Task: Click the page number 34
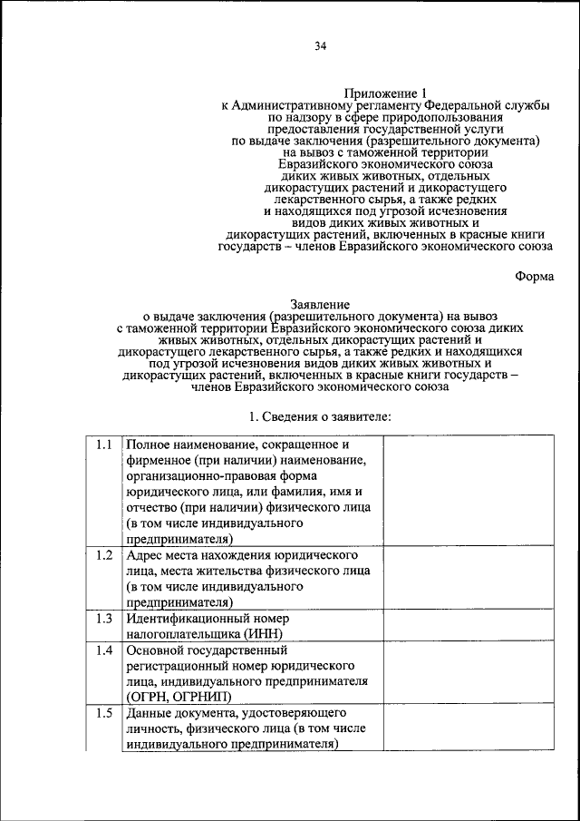(x=321, y=47)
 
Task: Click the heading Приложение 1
(x=384, y=93)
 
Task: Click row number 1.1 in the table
(x=103, y=445)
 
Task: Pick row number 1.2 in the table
(x=103, y=554)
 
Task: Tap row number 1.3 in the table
(x=103, y=618)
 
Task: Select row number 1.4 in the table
(x=103, y=650)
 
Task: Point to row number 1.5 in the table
(x=103, y=713)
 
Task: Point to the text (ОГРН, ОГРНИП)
(x=179, y=697)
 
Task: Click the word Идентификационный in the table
(x=187, y=618)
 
